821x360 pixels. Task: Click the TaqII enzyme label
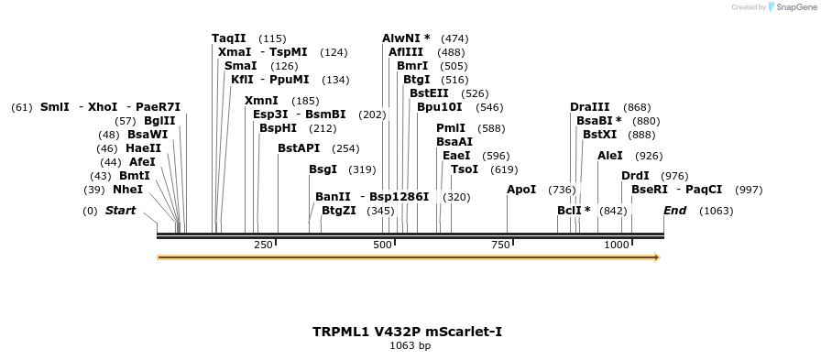(x=229, y=38)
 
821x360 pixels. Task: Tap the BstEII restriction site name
(x=429, y=93)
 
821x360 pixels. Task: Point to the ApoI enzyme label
(x=521, y=190)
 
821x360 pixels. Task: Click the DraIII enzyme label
(x=589, y=107)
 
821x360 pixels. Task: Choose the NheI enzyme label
(x=127, y=190)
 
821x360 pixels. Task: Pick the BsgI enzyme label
(x=323, y=169)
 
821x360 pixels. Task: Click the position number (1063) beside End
(x=716, y=211)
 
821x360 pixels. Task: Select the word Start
(x=120, y=211)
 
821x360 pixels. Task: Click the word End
(x=674, y=211)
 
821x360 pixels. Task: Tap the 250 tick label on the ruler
(x=263, y=245)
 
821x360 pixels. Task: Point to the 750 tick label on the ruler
(x=500, y=245)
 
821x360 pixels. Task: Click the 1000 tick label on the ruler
(x=617, y=245)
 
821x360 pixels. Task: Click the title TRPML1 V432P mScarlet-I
(x=407, y=331)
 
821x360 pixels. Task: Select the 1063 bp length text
(x=410, y=345)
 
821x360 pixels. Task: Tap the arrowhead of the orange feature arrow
(x=655, y=257)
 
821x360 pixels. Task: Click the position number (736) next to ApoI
(x=562, y=190)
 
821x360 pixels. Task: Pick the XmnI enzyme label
(x=261, y=101)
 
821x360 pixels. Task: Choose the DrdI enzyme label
(x=635, y=176)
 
